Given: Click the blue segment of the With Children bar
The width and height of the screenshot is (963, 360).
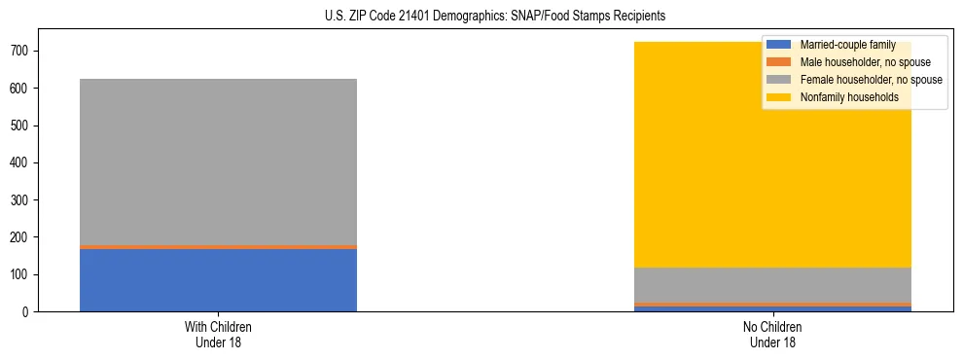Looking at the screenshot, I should (x=218, y=280).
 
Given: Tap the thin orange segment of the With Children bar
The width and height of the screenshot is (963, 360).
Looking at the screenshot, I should (x=218, y=247).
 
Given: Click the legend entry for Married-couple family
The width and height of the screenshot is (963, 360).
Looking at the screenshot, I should (x=844, y=45).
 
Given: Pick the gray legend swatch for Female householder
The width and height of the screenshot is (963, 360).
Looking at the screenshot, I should (x=779, y=80).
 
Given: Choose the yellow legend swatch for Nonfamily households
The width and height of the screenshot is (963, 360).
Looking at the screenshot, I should (x=779, y=97).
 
